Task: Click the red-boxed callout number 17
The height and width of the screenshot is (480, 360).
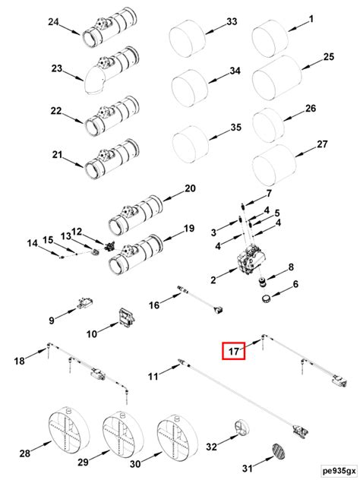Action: [x=233, y=352]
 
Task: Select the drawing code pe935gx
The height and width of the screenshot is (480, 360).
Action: [x=336, y=471]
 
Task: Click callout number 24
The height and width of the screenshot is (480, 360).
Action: [x=54, y=22]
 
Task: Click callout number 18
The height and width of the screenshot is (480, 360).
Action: [x=21, y=359]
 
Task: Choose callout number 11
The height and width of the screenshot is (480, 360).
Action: [x=152, y=376]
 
